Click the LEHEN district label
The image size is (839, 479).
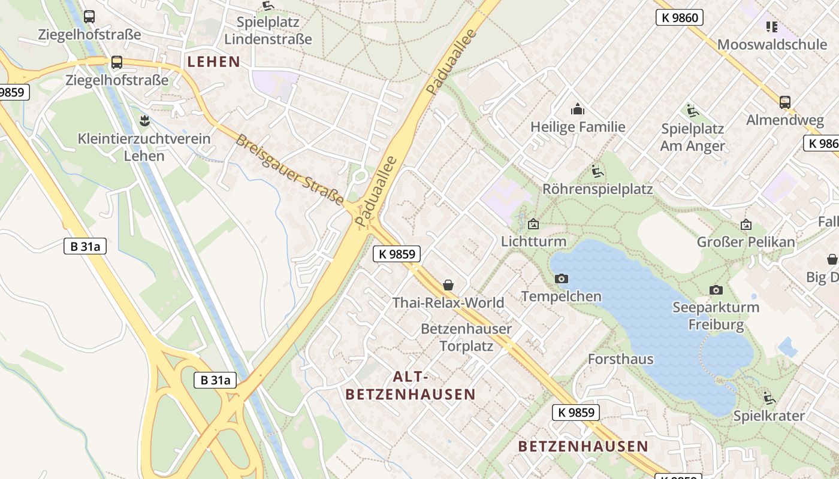[213, 62]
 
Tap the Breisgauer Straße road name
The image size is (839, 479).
[289, 169]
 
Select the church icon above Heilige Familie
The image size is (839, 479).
[578, 109]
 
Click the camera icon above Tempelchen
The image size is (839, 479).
[562, 278]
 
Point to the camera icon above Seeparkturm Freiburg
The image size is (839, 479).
[716, 290]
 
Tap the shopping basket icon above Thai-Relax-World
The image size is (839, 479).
[448, 285]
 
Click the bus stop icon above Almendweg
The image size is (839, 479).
[785, 102]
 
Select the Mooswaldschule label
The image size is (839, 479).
[763, 44]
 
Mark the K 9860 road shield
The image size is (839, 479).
[679, 17]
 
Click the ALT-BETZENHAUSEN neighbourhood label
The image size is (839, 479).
[411, 386]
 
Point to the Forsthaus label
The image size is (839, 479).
[620, 359]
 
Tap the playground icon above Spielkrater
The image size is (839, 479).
[769, 398]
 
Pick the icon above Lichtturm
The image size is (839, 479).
[533, 224]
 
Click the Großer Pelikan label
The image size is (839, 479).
[746, 242]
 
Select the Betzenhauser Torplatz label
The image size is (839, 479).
[466, 337]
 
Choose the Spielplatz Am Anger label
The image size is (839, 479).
[693, 137]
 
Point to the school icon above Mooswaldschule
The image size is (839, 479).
[771, 26]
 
